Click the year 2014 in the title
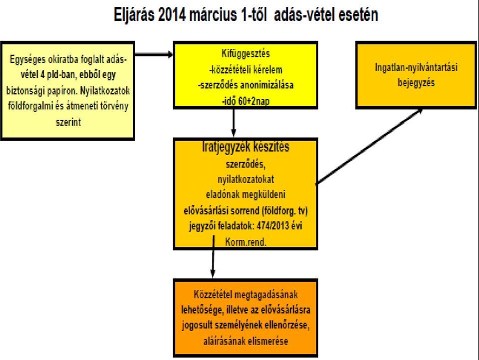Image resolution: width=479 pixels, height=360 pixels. (x=172, y=14)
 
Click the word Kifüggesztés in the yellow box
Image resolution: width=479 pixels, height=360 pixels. (x=245, y=53)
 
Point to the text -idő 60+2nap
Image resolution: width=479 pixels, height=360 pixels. (x=245, y=101)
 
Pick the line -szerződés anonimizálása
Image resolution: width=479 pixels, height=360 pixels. (x=245, y=85)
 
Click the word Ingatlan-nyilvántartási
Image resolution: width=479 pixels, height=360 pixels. (x=416, y=67)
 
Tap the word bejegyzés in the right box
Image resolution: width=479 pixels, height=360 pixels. (x=416, y=82)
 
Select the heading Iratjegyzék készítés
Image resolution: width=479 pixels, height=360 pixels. (x=245, y=147)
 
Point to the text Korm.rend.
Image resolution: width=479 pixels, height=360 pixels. (x=245, y=242)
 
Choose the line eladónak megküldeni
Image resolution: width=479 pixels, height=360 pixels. (x=245, y=194)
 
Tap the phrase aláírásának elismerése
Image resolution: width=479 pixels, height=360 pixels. (x=245, y=341)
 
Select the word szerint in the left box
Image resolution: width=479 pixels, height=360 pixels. (x=68, y=122)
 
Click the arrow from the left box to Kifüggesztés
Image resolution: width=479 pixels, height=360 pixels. (x=154, y=55)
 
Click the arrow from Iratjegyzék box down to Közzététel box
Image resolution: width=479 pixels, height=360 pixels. (x=213, y=256)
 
